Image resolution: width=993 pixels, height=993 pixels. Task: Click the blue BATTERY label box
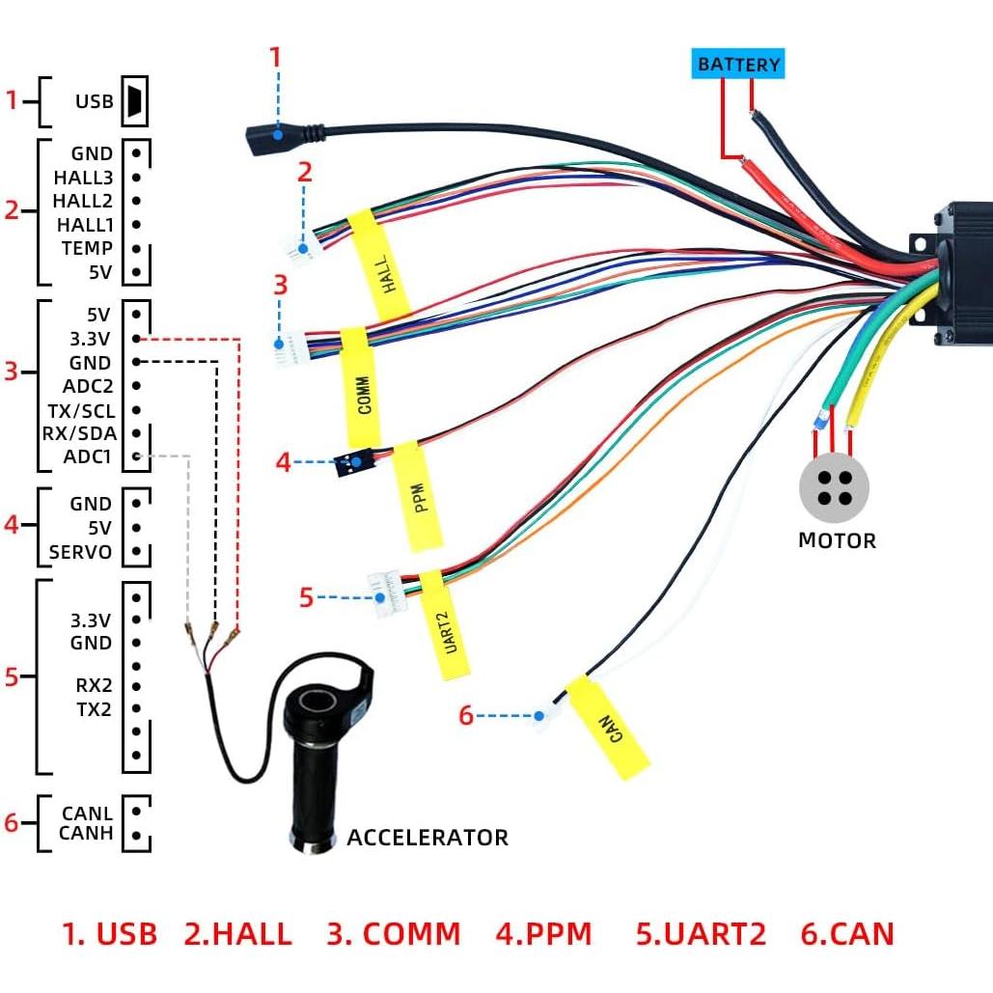[x=738, y=65]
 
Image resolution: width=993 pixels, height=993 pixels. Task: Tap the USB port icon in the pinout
[x=133, y=101]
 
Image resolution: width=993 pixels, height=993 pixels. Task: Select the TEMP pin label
[x=88, y=248]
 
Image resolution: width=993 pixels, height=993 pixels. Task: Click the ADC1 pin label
[x=88, y=456]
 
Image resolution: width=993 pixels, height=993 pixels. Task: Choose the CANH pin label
[x=86, y=833]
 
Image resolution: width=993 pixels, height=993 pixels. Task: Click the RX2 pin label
[x=94, y=686]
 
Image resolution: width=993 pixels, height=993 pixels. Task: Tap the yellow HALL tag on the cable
[x=380, y=264]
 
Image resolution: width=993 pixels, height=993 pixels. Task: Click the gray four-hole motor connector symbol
[x=834, y=487]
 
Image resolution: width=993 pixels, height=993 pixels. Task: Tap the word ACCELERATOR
[x=427, y=837]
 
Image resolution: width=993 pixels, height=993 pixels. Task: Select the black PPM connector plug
[x=353, y=464]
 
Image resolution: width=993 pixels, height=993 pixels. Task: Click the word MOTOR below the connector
[x=837, y=540]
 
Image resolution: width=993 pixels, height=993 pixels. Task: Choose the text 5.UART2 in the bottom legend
[x=701, y=934]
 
